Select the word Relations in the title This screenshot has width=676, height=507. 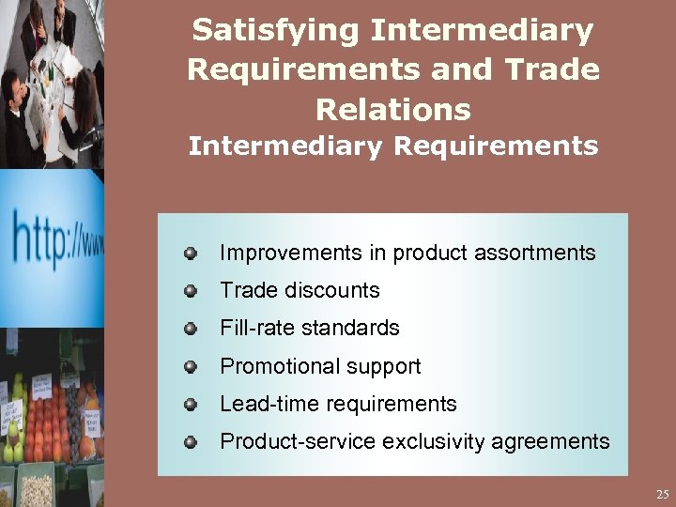pyautogui.click(x=392, y=110)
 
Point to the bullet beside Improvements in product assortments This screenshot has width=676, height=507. pyautogui.click(x=191, y=253)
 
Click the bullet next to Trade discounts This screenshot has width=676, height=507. pyautogui.click(x=191, y=291)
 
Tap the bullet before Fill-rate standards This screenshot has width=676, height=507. pyautogui.click(x=191, y=329)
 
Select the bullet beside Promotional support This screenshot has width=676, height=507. pyautogui.click(x=191, y=366)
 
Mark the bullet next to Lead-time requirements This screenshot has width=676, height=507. pyautogui.click(x=191, y=405)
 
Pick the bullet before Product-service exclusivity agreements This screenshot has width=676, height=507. pyautogui.click(x=191, y=441)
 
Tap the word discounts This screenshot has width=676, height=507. pyautogui.click(x=334, y=291)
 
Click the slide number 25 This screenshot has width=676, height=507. pyautogui.click(x=662, y=494)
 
